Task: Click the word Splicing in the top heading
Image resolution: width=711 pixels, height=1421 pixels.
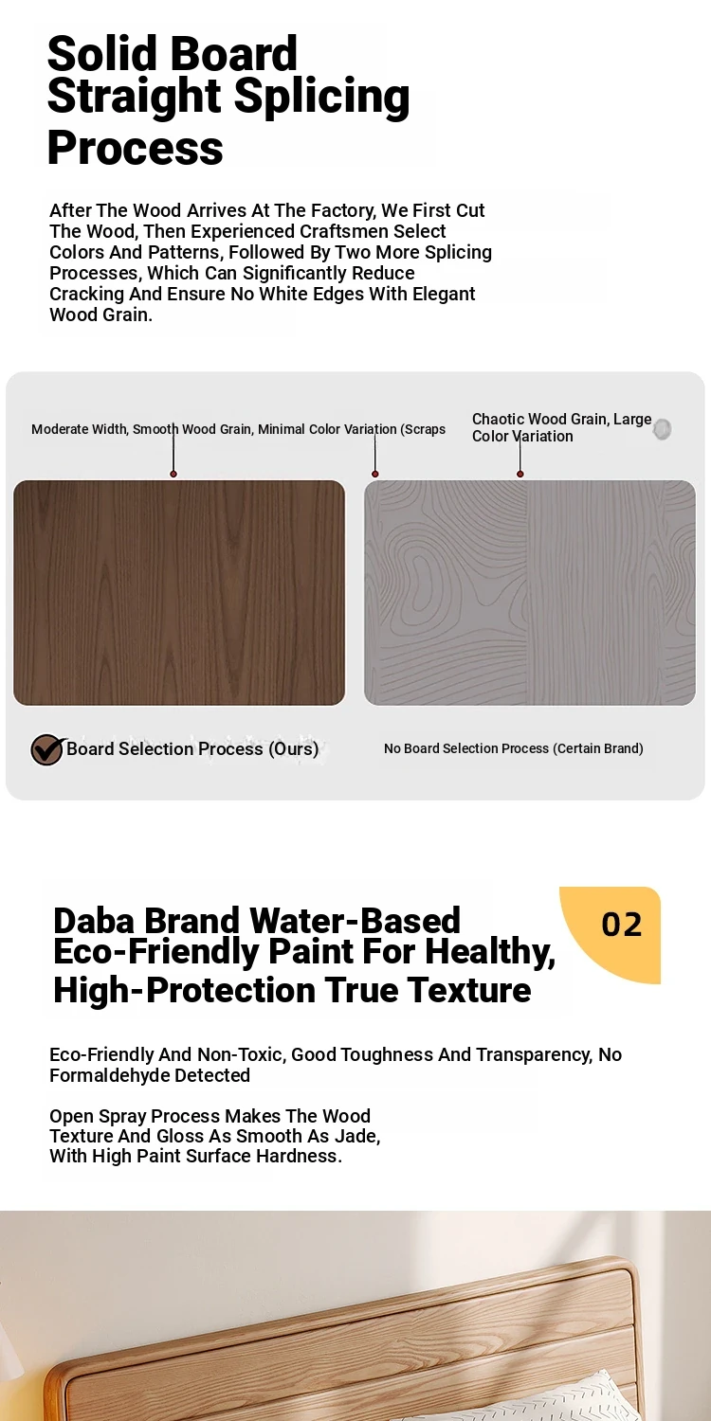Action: point(322,98)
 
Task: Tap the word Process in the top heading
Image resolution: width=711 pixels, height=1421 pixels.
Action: point(136,147)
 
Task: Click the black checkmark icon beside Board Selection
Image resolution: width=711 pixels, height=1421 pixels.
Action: point(47,749)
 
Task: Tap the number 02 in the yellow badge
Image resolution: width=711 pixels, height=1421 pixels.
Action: point(622,925)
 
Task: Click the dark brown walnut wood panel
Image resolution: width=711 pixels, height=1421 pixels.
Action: point(179,592)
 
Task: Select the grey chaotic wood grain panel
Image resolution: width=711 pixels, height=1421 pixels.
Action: point(529,592)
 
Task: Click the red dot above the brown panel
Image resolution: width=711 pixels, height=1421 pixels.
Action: point(173,474)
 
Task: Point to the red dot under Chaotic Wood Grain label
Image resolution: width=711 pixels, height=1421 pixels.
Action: point(520,474)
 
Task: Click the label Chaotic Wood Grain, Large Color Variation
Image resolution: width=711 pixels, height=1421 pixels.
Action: point(561,427)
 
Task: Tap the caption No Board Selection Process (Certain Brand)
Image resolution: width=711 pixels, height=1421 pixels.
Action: point(514,748)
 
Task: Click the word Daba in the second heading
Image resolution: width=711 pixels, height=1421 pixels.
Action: point(93,921)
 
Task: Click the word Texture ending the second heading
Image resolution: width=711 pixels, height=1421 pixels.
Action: point(469,990)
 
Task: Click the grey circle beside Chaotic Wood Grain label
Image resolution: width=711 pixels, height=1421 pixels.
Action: point(662,429)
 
